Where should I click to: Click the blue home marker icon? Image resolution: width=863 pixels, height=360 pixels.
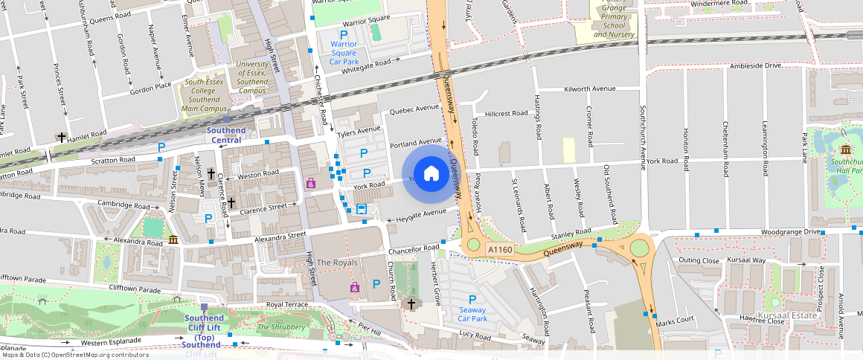431,174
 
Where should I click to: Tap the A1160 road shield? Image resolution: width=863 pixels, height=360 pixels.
500,250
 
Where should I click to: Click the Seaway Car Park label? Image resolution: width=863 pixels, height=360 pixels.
472,314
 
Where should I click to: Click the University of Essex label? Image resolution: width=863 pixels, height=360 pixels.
252,77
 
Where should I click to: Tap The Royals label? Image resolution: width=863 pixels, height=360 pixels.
337,263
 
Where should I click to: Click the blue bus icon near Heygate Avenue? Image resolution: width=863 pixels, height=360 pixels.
362,209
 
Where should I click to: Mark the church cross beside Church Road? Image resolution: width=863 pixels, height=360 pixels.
411,303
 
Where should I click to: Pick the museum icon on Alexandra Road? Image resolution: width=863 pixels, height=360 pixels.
173,239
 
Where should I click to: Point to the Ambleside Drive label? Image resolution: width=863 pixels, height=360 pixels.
756,65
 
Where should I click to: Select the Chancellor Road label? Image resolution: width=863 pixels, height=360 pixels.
414,248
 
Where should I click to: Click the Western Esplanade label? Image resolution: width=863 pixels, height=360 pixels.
111,342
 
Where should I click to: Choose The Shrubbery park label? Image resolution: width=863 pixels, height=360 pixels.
280,327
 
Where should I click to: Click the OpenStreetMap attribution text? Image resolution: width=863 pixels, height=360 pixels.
74,355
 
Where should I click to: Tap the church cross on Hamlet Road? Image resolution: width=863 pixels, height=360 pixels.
62,138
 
